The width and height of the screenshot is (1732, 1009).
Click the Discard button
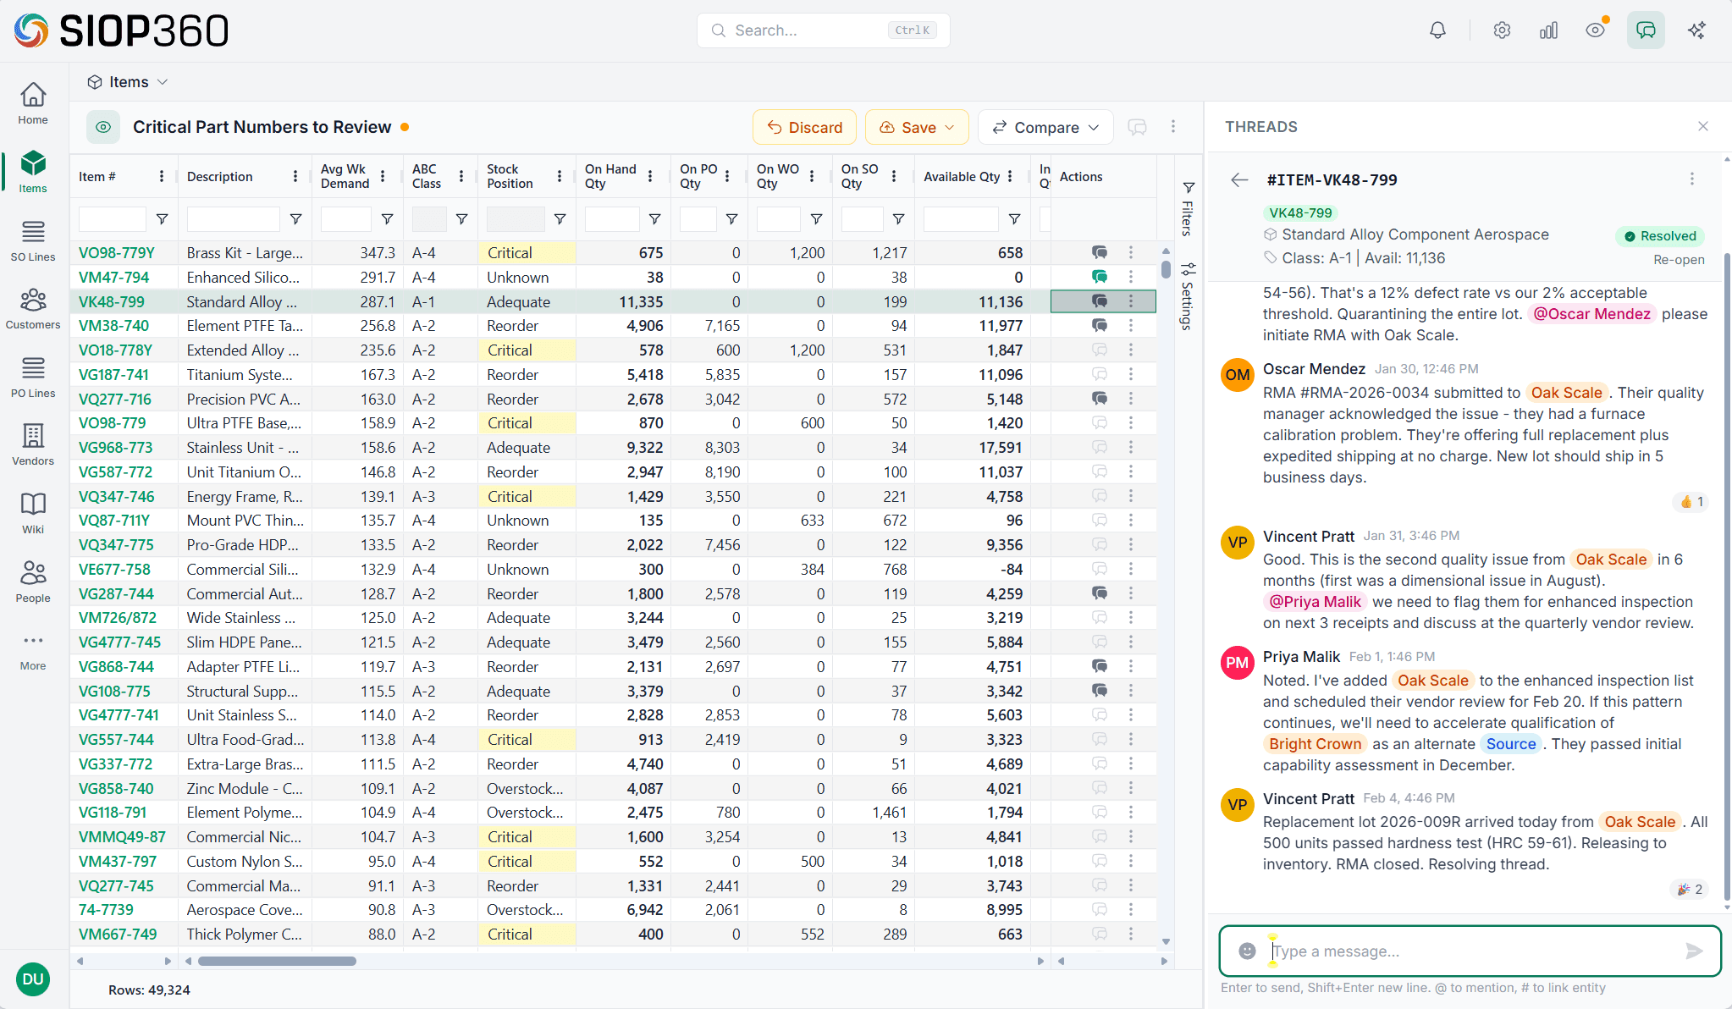804,127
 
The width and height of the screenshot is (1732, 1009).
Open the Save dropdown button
917,127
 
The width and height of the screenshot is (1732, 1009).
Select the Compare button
1045,127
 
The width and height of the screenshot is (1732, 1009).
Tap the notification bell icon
1437,30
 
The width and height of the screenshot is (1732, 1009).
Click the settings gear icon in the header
1502,30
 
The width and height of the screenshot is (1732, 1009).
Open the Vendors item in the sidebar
33,444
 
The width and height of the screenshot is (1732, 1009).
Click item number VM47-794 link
113,278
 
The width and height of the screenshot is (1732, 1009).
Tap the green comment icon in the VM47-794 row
1099,277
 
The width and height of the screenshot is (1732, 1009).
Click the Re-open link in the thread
1679,260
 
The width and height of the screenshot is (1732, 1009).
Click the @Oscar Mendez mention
1591,314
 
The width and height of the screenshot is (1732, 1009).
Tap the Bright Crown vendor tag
1315,744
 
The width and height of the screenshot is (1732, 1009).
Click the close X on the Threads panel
1703,126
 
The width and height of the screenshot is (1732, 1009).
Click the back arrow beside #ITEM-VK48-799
1239,179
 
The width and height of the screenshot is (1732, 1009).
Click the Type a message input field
1473,951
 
